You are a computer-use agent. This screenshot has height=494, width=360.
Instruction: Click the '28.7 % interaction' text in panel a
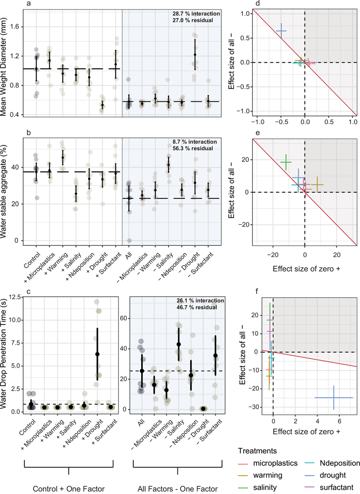click(x=196, y=14)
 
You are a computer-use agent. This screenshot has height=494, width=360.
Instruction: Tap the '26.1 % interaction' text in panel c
click(x=200, y=300)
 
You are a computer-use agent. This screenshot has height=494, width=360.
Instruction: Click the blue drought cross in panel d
click(x=281, y=31)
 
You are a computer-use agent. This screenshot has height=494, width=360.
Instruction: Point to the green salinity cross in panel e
click(x=286, y=162)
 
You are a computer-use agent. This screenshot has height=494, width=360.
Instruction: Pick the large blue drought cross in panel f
click(x=334, y=397)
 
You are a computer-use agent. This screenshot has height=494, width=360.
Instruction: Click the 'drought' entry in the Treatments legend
click(x=333, y=475)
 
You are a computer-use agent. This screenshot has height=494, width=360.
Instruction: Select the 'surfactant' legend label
click(x=336, y=487)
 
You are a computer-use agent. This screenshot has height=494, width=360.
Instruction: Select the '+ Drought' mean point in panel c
click(x=97, y=354)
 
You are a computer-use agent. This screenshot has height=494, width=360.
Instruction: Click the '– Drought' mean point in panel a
click(x=195, y=55)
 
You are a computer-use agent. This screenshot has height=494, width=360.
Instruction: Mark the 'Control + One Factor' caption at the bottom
click(x=69, y=489)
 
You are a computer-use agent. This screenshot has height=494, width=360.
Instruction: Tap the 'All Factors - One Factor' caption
click(x=177, y=489)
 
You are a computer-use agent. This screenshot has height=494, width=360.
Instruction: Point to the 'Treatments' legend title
click(x=257, y=451)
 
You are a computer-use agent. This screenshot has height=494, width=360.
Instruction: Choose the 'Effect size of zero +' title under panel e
click(x=306, y=269)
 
